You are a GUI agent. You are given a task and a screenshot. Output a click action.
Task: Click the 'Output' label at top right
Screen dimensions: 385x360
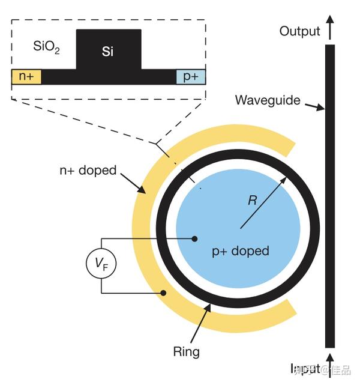click(299, 31)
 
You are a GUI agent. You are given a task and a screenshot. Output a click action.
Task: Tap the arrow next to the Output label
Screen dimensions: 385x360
click(329, 28)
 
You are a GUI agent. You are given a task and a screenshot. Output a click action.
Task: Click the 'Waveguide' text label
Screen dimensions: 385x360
click(267, 100)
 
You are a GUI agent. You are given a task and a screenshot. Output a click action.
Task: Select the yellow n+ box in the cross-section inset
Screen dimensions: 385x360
click(26, 77)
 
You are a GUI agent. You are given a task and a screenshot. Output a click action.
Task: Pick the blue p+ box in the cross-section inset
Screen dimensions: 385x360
click(191, 77)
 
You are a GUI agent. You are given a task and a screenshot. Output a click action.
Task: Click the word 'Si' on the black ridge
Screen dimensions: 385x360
click(107, 52)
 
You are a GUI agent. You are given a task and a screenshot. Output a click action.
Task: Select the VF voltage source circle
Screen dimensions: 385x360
click(101, 263)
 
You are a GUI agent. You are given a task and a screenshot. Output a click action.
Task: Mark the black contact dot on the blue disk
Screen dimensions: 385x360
click(194, 238)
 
